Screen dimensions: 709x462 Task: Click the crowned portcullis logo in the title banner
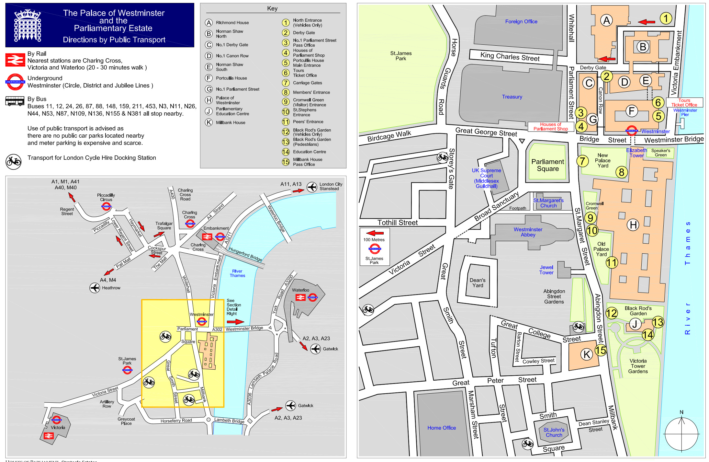[28, 25]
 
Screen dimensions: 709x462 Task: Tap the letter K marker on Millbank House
[587, 354]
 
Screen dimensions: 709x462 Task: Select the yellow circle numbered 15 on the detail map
[601, 350]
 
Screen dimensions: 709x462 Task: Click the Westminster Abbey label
[528, 232]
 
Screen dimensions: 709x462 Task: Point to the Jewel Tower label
[546, 270]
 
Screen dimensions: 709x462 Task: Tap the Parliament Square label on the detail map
[548, 165]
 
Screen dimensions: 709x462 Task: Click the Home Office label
[441, 428]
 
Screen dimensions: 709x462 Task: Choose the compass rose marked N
[681, 434]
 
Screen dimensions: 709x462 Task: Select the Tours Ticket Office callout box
[684, 103]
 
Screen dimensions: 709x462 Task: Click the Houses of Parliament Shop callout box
[550, 127]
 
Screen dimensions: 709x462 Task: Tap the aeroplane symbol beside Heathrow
[95, 288]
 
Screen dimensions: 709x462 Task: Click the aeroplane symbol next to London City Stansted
[312, 187]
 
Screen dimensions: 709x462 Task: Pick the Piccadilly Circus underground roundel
[106, 206]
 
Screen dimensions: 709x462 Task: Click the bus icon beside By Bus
[15, 101]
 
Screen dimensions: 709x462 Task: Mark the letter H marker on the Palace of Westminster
[633, 225]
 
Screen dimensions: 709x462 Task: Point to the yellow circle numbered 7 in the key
[286, 83]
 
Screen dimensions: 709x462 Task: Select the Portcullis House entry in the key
[231, 78]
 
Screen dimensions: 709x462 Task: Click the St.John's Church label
[554, 432]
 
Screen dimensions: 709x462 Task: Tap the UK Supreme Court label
[486, 178]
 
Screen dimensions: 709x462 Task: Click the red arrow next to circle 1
[647, 22]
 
